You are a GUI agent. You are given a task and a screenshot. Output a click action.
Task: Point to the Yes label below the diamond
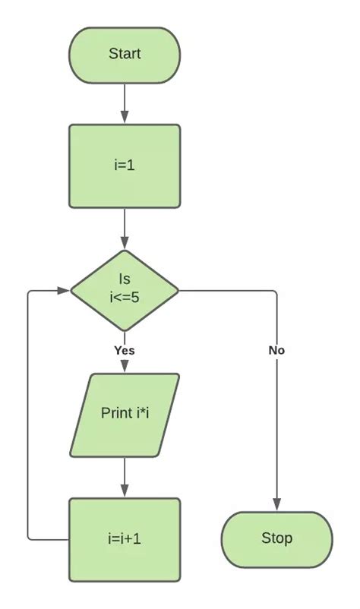tap(125, 350)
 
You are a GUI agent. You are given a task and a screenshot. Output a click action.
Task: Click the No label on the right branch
tap(276, 350)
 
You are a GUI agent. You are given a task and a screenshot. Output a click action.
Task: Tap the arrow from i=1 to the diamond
tap(125, 228)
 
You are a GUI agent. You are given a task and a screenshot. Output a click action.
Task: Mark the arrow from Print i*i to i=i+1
tap(125, 476)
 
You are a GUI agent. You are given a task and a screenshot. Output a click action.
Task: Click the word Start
tap(125, 54)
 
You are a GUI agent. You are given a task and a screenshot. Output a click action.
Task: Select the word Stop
tap(276, 538)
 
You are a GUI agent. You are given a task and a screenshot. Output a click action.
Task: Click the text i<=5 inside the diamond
tap(125, 298)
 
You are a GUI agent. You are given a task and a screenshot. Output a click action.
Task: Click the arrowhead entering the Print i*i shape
tap(125, 368)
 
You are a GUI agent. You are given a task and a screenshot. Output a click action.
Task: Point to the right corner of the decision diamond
tap(177, 290)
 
